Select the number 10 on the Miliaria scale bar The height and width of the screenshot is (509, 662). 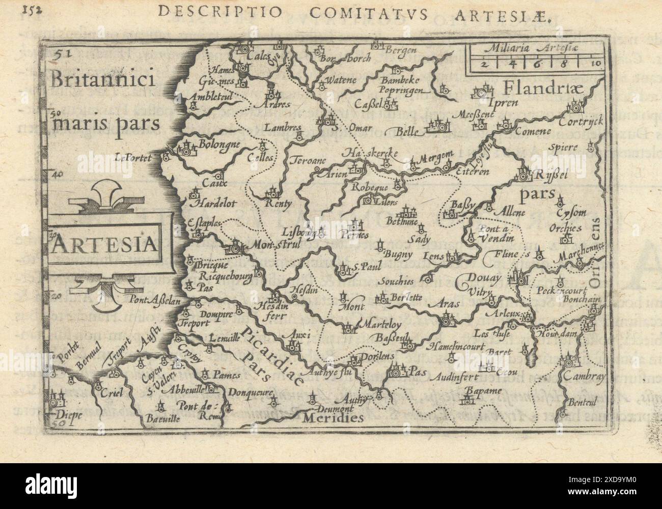coord(597,63)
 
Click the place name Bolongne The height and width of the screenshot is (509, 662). coord(219,145)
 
